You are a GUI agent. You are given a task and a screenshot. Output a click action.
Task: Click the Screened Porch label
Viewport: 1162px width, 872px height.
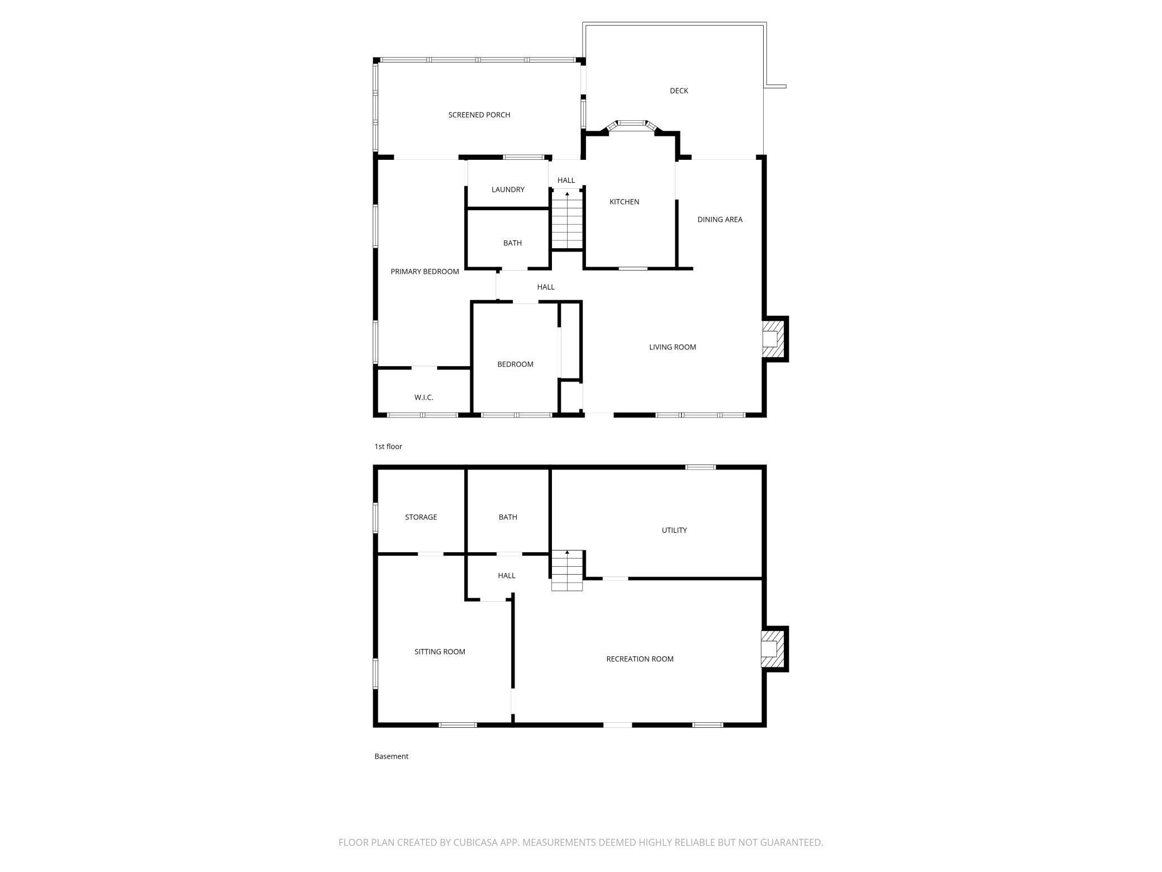tap(479, 115)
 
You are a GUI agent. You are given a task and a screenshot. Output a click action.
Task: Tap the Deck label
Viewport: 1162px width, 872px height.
tap(679, 91)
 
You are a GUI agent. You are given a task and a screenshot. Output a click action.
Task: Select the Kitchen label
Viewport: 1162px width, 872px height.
tap(624, 202)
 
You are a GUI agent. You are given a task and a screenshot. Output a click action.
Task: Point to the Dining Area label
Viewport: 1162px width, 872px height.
tap(720, 220)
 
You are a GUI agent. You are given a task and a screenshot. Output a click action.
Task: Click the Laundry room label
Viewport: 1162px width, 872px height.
tap(508, 190)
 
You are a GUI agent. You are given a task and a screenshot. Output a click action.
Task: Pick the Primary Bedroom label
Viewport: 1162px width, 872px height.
tap(425, 272)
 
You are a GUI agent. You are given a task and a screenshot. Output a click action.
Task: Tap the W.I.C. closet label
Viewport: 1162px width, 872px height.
tap(423, 397)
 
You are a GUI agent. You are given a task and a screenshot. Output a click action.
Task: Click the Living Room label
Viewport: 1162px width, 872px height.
tap(672, 347)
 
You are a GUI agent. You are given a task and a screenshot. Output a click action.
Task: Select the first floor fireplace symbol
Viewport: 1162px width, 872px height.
tap(774, 339)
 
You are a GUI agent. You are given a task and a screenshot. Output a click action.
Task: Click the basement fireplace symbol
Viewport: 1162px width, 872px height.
tap(774, 649)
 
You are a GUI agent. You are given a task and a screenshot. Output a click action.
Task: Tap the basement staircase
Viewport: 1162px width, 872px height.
tap(567, 570)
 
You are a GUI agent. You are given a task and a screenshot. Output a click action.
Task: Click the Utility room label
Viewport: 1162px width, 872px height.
tap(674, 530)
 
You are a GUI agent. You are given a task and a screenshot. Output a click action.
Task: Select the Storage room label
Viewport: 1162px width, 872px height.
tap(421, 518)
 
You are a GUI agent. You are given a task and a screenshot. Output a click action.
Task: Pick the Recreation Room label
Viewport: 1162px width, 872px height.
tap(640, 659)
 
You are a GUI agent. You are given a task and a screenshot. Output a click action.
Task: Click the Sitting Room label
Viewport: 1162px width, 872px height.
tap(440, 652)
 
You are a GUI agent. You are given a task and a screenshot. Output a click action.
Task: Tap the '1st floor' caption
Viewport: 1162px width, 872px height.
tap(388, 447)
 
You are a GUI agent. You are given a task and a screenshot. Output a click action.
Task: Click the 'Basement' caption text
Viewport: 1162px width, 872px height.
tap(391, 756)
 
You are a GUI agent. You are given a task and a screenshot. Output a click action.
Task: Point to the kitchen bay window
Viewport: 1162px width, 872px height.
tap(631, 124)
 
